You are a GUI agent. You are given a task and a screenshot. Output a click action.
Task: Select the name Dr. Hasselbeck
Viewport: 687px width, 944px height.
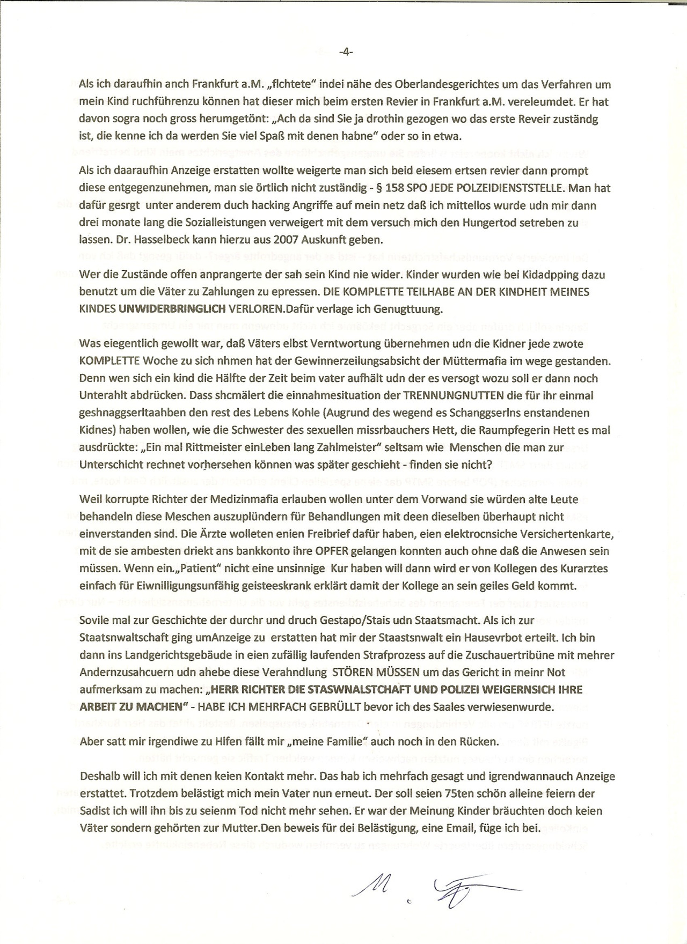tap(142, 240)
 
